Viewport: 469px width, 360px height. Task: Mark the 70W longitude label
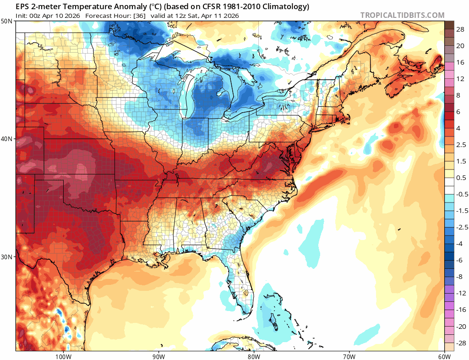coord(349,356)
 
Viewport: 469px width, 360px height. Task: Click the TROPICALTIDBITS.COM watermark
coord(402,15)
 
